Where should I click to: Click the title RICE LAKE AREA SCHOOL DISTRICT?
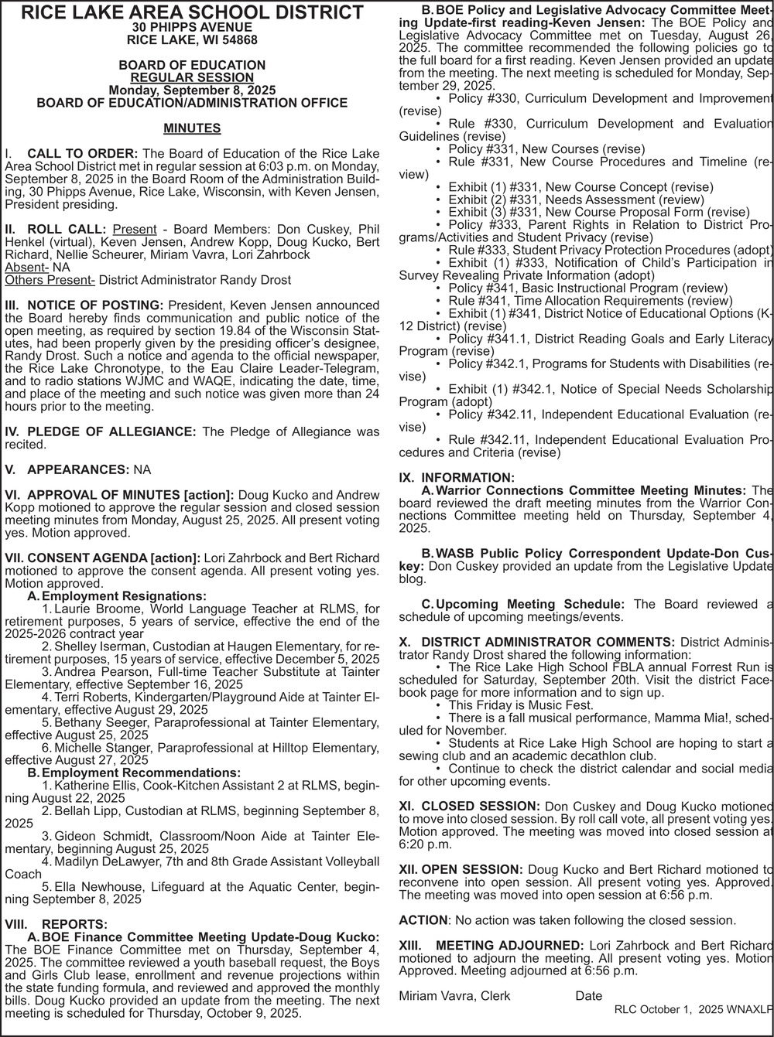pyautogui.click(x=192, y=13)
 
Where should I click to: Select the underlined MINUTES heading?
pyautogui.click(x=192, y=128)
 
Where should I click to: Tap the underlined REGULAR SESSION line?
pyautogui.click(x=192, y=77)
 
